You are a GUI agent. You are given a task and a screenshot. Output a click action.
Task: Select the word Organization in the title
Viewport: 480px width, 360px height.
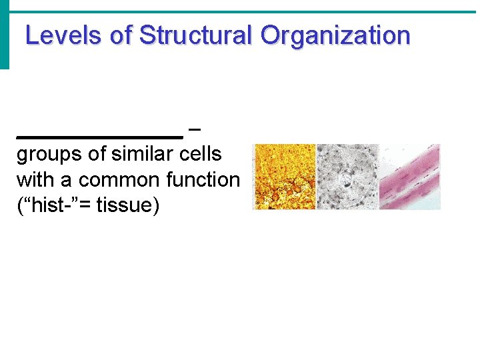click(335, 35)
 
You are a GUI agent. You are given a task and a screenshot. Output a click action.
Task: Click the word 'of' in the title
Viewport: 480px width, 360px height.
click(121, 35)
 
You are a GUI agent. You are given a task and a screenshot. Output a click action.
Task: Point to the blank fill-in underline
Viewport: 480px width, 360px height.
click(99, 135)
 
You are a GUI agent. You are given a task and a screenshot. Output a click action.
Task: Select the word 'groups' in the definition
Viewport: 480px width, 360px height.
click(49, 154)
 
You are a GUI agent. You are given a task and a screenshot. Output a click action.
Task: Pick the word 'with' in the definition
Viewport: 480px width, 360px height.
click(33, 180)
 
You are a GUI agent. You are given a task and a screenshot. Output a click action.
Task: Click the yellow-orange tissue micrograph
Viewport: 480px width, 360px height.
click(284, 177)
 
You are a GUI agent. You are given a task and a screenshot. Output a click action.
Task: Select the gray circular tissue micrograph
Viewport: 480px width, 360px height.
click(347, 177)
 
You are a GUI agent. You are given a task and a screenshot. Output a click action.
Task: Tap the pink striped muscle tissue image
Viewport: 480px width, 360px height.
click(409, 177)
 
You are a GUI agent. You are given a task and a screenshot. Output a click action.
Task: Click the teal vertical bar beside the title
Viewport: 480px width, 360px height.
click(5, 35)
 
